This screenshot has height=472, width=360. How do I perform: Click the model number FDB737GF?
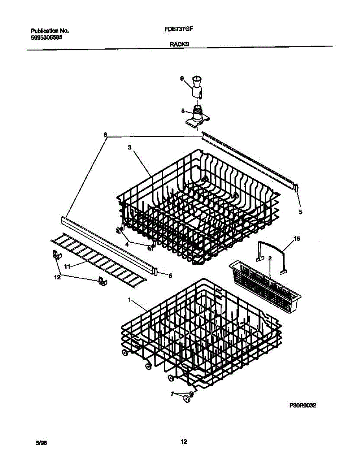178,29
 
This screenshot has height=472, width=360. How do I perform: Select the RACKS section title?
179,44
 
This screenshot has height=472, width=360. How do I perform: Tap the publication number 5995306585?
47,38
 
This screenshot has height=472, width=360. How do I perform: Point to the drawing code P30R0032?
303,406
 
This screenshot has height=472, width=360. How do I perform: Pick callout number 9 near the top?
182,79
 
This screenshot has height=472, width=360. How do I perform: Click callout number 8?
183,111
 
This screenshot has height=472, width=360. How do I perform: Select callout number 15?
297,239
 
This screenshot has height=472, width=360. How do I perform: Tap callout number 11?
67,267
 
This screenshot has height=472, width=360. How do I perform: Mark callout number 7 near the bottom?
172,394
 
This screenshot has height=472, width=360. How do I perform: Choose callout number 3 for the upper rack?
129,147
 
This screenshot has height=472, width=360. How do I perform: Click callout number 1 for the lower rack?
129,300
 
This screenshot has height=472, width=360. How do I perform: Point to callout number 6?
105,135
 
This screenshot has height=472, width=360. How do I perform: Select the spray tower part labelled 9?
197,88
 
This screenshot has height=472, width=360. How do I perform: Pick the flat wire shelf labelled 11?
99,260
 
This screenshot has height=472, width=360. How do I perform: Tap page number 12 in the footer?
184,441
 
